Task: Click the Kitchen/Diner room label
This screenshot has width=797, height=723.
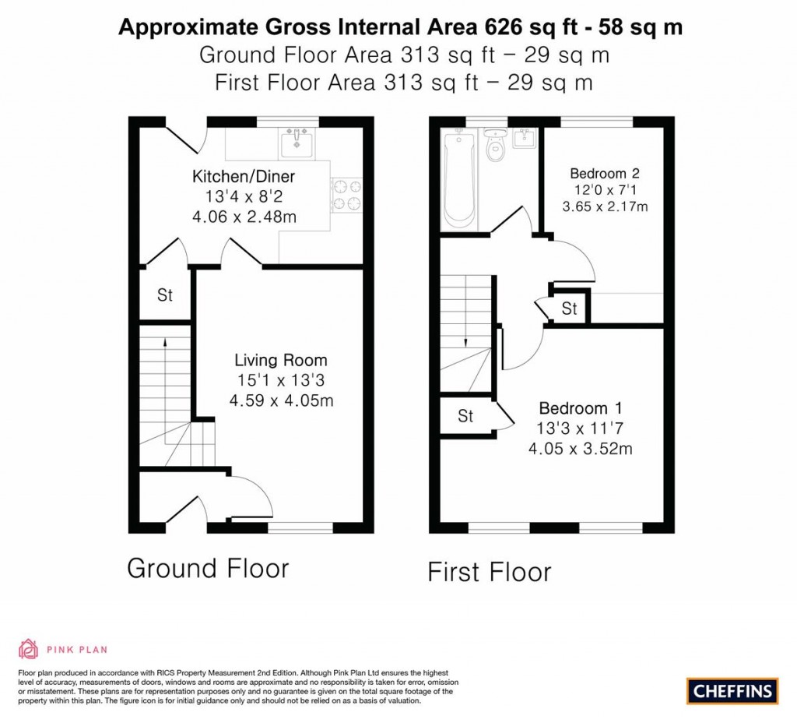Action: tap(244, 177)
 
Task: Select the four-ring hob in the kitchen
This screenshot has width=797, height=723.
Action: tap(346, 196)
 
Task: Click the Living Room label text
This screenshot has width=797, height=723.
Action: tap(280, 360)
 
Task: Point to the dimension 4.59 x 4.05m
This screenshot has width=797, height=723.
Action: tap(281, 400)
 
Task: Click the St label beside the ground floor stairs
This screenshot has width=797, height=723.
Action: tap(165, 295)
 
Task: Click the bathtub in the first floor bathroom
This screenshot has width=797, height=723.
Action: tap(459, 180)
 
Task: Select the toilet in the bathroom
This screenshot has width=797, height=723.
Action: tap(494, 144)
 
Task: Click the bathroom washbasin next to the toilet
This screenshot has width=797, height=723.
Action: tap(524, 138)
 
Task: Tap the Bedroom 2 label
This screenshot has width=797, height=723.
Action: tap(605, 174)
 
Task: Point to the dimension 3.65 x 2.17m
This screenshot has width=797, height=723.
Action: tap(605, 206)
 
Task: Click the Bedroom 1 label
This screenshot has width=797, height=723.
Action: tap(581, 408)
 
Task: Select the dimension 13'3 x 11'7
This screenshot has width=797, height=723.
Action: tap(580, 429)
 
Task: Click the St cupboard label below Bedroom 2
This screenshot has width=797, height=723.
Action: tap(569, 309)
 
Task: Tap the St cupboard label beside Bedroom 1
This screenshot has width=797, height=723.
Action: tap(465, 416)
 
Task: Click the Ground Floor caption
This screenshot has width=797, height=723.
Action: tap(208, 568)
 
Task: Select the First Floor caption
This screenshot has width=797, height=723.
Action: tap(489, 572)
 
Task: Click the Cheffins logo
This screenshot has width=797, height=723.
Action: tap(732, 691)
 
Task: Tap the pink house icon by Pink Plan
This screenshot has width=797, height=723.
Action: tap(29, 649)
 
